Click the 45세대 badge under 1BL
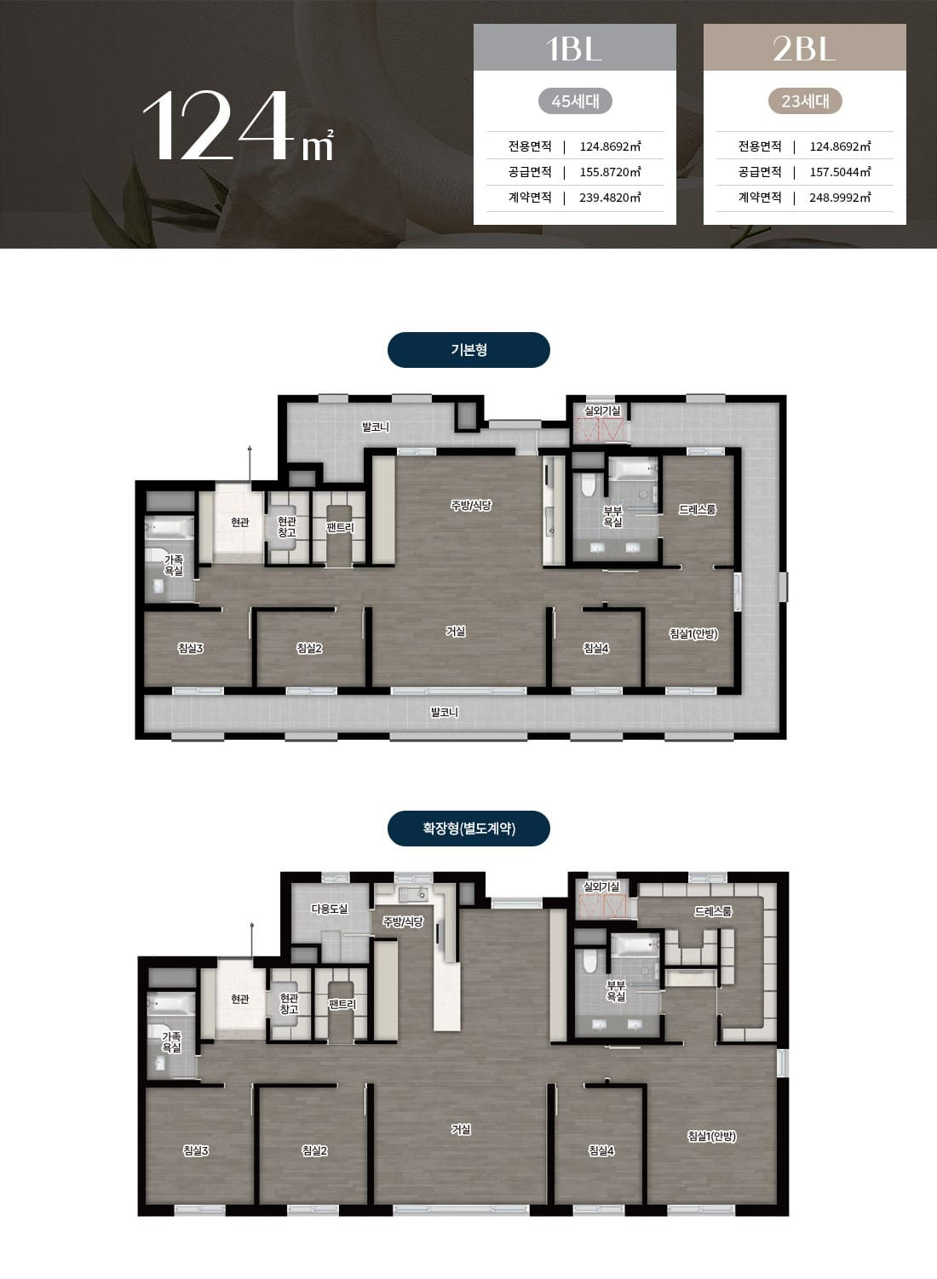click(x=575, y=101)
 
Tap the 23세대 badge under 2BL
click(x=805, y=101)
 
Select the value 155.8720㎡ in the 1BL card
click(x=610, y=172)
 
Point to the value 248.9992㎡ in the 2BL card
click(x=840, y=198)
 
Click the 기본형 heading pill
click(x=468, y=349)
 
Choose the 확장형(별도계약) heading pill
click(x=468, y=828)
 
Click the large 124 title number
click(x=215, y=126)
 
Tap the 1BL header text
click(x=574, y=49)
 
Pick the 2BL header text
click(x=804, y=49)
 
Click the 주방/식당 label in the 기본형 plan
click(x=471, y=505)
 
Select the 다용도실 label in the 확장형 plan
click(x=330, y=909)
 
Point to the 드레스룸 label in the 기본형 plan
click(x=697, y=509)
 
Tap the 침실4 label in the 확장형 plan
click(x=601, y=1150)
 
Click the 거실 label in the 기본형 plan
click(x=456, y=631)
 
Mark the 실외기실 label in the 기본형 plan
click(x=601, y=410)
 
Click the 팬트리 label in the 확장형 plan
click(x=342, y=1004)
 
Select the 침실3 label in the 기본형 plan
click(x=191, y=648)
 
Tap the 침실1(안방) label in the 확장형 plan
click(x=712, y=1136)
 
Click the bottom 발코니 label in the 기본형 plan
click(x=445, y=712)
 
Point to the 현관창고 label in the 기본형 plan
click(x=287, y=526)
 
